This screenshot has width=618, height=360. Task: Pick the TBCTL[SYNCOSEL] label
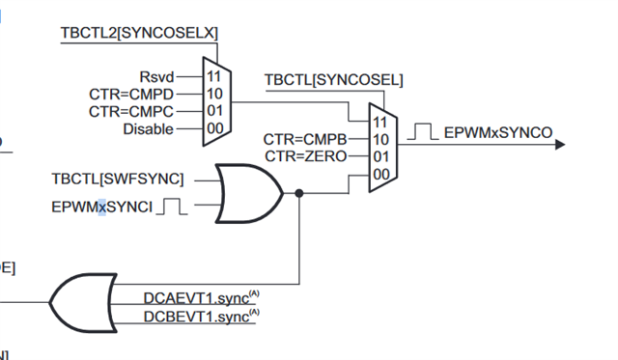point(334,78)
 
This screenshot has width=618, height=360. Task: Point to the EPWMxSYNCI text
point(99,207)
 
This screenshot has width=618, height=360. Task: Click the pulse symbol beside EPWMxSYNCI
point(172,206)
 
